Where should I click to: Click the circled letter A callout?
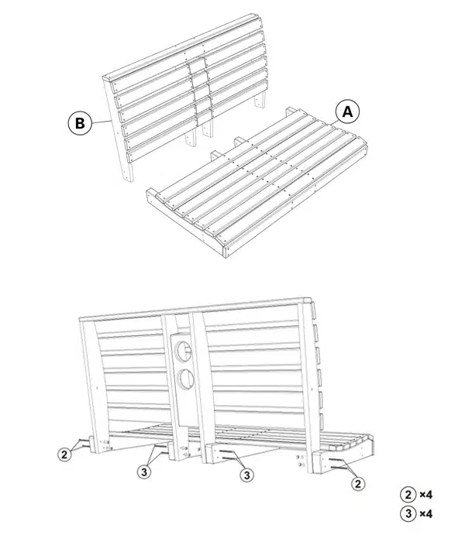tap(347, 112)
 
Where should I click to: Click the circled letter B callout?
tap(80, 122)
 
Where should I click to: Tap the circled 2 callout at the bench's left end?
tap(64, 455)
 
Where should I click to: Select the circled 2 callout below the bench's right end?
tap(358, 483)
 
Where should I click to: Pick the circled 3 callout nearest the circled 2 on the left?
tap(144, 471)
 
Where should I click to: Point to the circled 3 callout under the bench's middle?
tap(246, 475)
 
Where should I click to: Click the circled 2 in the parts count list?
tap(408, 495)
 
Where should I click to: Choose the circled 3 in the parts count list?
tap(408, 513)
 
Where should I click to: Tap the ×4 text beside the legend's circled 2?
tap(426, 495)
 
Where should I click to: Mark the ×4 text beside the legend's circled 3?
tap(426, 513)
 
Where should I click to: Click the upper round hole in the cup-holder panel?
tap(184, 351)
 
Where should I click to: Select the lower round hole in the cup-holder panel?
tap(185, 379)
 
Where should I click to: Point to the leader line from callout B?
tap(102, 122)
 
